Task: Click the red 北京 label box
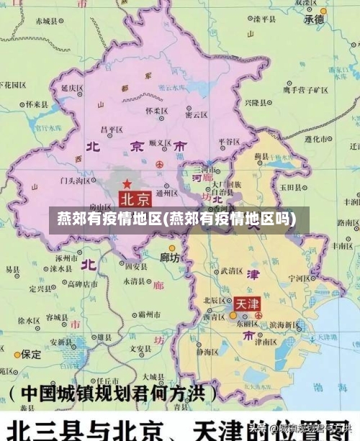(x=135, y=198)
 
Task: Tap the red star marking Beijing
(x=127, y=184)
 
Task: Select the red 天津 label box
(x=246, y=304)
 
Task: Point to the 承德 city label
(x=315, y=20)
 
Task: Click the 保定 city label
(x=31, y=354)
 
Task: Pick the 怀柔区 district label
(x=156, y=112)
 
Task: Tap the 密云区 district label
(x=197, y=114)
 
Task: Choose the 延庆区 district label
(x=73, y=88)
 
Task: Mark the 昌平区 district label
(x=112, y=129)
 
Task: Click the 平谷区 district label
(x=229, y=142)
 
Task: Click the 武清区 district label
(x=232, y=271)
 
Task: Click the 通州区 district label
(x=167, y=193)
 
